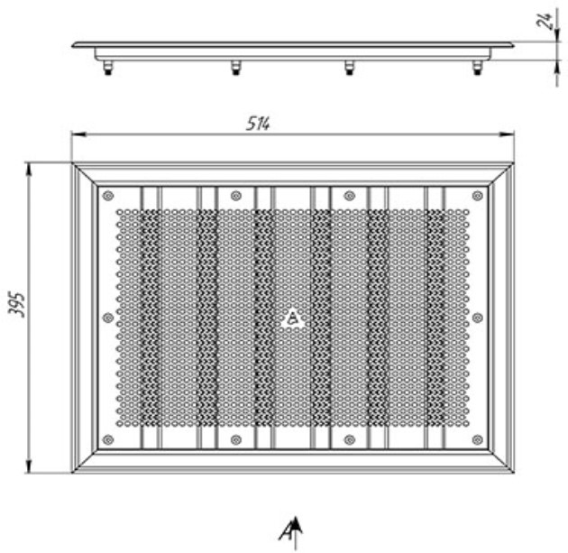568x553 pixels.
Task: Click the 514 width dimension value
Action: pos(258,124)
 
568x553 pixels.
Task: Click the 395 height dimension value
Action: pos(16,305)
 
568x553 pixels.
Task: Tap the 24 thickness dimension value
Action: pos(544,21)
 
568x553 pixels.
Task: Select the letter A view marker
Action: pos(286,532)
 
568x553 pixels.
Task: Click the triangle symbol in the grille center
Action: pos(293,318)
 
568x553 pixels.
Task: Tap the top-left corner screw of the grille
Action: pos(108,196)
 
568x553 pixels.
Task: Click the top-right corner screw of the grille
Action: pos(478,196)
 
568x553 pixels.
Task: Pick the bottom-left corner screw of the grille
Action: pos(108,440)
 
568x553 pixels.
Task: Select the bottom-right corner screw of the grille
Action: pos(478,440)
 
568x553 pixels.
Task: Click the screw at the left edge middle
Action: pos(108,318)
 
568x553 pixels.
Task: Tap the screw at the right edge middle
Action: pos(478,318)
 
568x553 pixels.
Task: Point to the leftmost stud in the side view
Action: pos(107,68)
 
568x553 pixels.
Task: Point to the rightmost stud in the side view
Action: pos(478,68)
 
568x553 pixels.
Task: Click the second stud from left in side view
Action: pos(236,68)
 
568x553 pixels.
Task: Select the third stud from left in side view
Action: pos(349,68)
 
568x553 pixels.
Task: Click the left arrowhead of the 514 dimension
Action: pos(78,134)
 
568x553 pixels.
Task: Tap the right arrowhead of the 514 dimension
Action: pos(507,134)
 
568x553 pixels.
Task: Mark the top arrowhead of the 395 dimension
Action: pos(29,171)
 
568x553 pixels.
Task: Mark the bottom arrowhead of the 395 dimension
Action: pos(29,466)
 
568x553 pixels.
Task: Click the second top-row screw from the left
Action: pos(236,196)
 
